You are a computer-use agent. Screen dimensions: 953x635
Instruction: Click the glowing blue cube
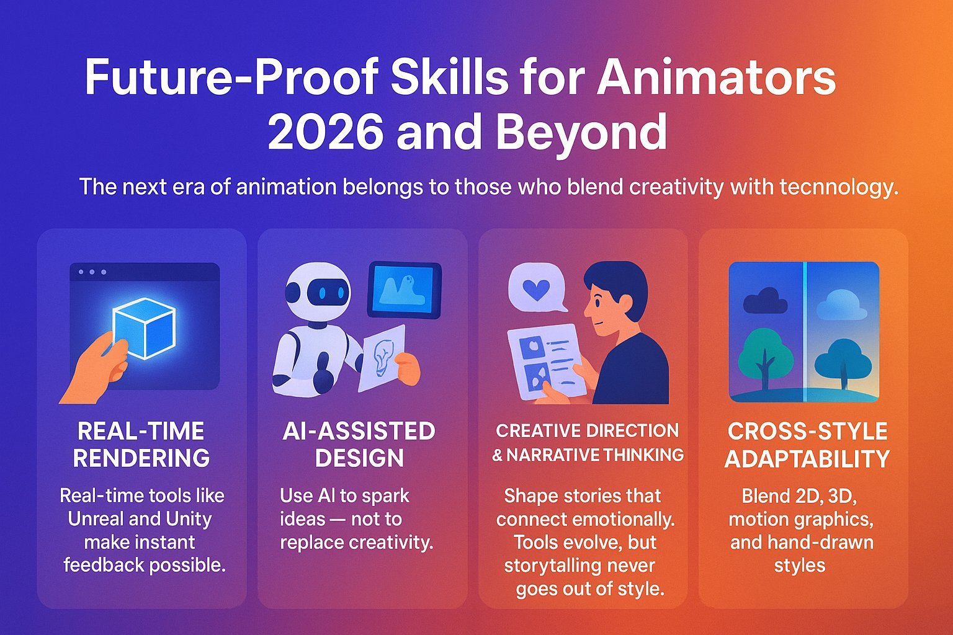point(144,328)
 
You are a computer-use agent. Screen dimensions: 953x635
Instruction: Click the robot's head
point(317,293)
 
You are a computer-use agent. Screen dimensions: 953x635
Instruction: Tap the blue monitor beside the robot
point(404,290)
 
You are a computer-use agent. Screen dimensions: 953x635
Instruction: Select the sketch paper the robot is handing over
point(382,358)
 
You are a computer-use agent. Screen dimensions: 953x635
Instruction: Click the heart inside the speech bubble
point(536,289)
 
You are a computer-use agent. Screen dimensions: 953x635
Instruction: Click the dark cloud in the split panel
point(765,300)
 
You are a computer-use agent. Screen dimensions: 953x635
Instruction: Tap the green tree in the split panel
point(766,357)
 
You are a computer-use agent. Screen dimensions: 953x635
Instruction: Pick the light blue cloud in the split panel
point(841,304)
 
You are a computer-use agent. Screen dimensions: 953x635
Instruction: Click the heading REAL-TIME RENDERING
point(141,445)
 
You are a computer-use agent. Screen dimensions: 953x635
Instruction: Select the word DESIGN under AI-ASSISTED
point(359,458)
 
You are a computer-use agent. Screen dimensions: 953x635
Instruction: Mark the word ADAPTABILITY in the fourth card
point(807,458)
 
